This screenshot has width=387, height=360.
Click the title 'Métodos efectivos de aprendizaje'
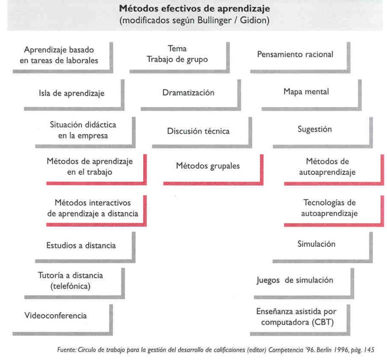coord(194,9)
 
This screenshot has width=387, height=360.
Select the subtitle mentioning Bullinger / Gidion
coord(194,21)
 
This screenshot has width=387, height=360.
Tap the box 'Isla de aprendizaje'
coord(71,93)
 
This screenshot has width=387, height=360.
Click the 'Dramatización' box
coord(188,93)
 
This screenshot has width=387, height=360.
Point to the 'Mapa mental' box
coord(306,92)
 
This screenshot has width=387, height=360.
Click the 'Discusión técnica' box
coord(198,131)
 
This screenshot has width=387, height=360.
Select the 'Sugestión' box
coord(314,129)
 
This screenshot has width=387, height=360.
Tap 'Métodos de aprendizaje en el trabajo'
coord(90,166)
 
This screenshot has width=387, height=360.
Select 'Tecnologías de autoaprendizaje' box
coord(330,208)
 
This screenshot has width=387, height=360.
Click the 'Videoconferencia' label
coord(55,316)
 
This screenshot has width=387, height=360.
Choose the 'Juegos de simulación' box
coord(295,280)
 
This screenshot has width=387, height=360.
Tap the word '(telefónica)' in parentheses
coord(70,286)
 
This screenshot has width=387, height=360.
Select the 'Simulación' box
coord(316,243)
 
